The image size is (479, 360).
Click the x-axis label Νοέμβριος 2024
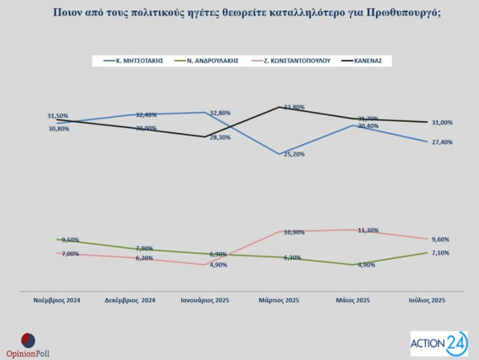coord(57,300)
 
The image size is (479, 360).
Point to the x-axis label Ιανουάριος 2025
coord(206,300)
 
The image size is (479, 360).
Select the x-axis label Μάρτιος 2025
coord(279,300)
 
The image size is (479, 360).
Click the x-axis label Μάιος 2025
coord(353,300)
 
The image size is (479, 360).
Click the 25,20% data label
coord(293,154)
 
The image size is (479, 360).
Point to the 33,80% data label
coord(294,107)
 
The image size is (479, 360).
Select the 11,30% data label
coord(367,230)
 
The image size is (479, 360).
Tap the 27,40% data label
coord(441,142)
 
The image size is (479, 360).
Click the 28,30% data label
coord(219,137)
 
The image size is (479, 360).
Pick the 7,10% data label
coord(441,253)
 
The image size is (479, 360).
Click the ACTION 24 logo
coord(438,343)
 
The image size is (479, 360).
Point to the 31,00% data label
coord(441,122)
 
